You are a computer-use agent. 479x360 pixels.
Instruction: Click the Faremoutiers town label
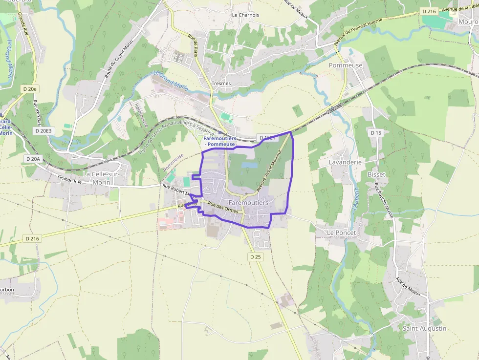click(248, 202)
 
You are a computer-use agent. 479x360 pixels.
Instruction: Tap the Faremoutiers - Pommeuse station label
click(220, 142)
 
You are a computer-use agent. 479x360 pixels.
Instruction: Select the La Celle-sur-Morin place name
click(104, 178)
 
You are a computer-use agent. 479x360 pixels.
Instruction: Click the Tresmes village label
click(221, 84)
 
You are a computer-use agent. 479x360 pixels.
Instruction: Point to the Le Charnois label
click(245, 15)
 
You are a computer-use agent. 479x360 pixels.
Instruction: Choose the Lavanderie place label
click(345, 162)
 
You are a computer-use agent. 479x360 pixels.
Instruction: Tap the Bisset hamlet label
click(376, 174)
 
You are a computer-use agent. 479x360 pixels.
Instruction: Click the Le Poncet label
click(342, 233)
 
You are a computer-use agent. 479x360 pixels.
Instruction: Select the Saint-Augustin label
click(424, 328)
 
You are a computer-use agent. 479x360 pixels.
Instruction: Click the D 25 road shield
click(256, 256)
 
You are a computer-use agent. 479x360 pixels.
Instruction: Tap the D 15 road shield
click(375, 133)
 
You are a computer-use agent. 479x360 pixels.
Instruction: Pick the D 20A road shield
click(33, 159)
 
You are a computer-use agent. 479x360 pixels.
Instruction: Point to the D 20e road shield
click(30, 89)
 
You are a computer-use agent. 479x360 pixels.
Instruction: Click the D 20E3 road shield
click(44, 131)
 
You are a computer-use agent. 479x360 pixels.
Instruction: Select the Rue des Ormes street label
click(222, 208)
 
